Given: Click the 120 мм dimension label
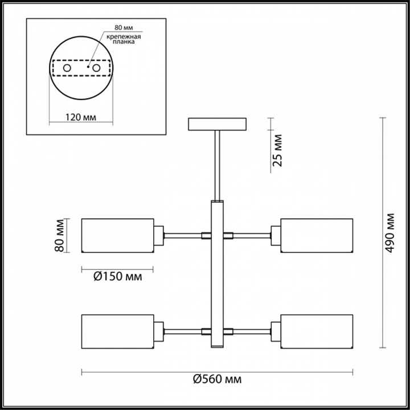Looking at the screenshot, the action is tap(80, 117).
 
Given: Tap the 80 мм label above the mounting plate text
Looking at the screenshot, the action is tap(124, 27).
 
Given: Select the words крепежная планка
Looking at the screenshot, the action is tap(124, 39).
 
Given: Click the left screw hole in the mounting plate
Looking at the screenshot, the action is tap(67, 68).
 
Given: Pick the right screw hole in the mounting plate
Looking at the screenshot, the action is tap(96, 68).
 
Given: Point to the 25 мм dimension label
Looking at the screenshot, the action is tap(277, 150).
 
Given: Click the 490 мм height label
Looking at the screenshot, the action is tap(389, 233).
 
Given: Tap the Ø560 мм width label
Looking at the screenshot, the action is tap(218, 379).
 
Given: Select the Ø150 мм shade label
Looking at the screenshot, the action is tap(118, 276).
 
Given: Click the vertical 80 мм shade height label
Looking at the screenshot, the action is tap(59, 236).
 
